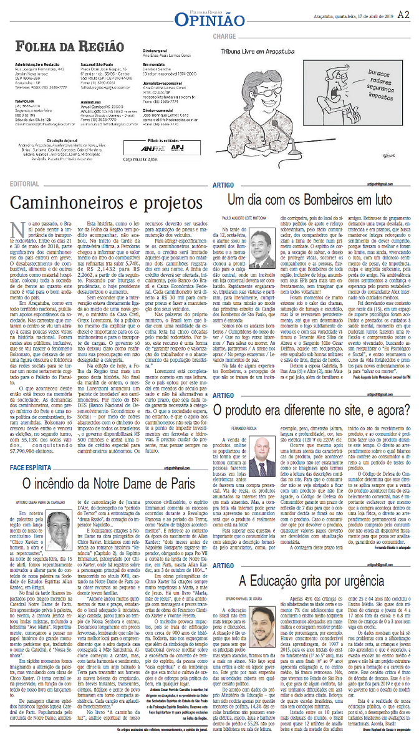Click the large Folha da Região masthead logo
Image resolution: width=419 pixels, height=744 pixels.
click(x=69, y=47)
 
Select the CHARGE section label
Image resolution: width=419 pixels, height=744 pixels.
click(x=224, y=36)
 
